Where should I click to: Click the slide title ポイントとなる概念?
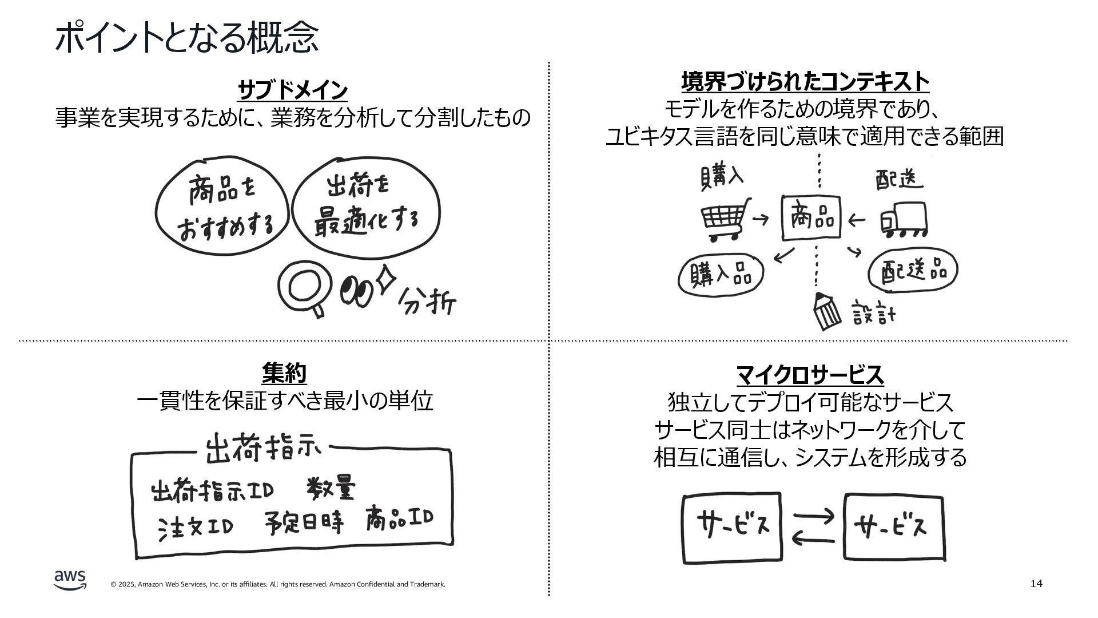[186, 38]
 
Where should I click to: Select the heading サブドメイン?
[292, 90]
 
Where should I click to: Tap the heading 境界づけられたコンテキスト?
[805, 82]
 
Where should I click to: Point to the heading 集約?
[284, 374]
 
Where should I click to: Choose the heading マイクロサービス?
[810, 375]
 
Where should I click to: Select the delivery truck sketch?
[903, 220]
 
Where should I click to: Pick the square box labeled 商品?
[811, 218]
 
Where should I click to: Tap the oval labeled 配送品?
[912, 270]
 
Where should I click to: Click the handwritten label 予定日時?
[304, 522]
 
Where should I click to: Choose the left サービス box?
[732, 527]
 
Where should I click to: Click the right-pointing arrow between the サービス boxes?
[814, 516]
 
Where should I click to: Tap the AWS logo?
[70, 579]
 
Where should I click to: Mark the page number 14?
[1036, 584]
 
